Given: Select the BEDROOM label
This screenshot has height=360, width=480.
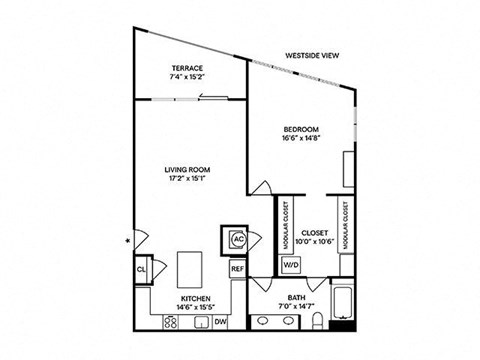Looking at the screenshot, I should click(300, 129).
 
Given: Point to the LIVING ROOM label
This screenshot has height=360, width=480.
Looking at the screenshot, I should click(185, 171).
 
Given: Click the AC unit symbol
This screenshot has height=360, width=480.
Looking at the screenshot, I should click(238, 240).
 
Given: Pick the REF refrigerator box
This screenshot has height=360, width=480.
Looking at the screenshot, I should click(238, 269).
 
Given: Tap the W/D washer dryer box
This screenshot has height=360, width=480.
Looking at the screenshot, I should click(291, 265).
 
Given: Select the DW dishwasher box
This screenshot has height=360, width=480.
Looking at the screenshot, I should click(219, 320).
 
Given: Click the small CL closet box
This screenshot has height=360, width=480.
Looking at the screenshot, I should click(140, 269).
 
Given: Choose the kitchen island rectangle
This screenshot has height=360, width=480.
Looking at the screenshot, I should click(190, 268).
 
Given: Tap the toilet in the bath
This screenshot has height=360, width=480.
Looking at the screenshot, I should click(316, 320).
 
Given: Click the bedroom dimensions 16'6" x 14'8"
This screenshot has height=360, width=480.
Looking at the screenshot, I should click(300, 139).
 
